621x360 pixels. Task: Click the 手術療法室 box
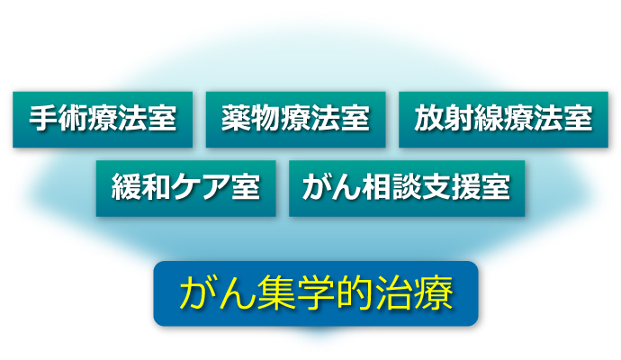point(103,120)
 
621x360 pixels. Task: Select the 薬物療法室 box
point(295,120)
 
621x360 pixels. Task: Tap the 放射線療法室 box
point(503,120)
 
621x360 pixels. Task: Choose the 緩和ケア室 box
point(185,188)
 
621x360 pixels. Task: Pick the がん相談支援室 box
point(407,188)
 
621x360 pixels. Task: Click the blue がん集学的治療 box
point(316,293)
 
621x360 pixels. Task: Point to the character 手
point(43,118)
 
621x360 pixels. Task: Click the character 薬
point(236,118)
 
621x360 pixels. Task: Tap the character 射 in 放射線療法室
point(458,118)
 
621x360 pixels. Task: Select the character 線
point(489,118)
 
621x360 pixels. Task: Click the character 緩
point(126,187)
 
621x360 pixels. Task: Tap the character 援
point(466,187)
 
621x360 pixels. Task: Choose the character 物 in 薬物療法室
point(265,118)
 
